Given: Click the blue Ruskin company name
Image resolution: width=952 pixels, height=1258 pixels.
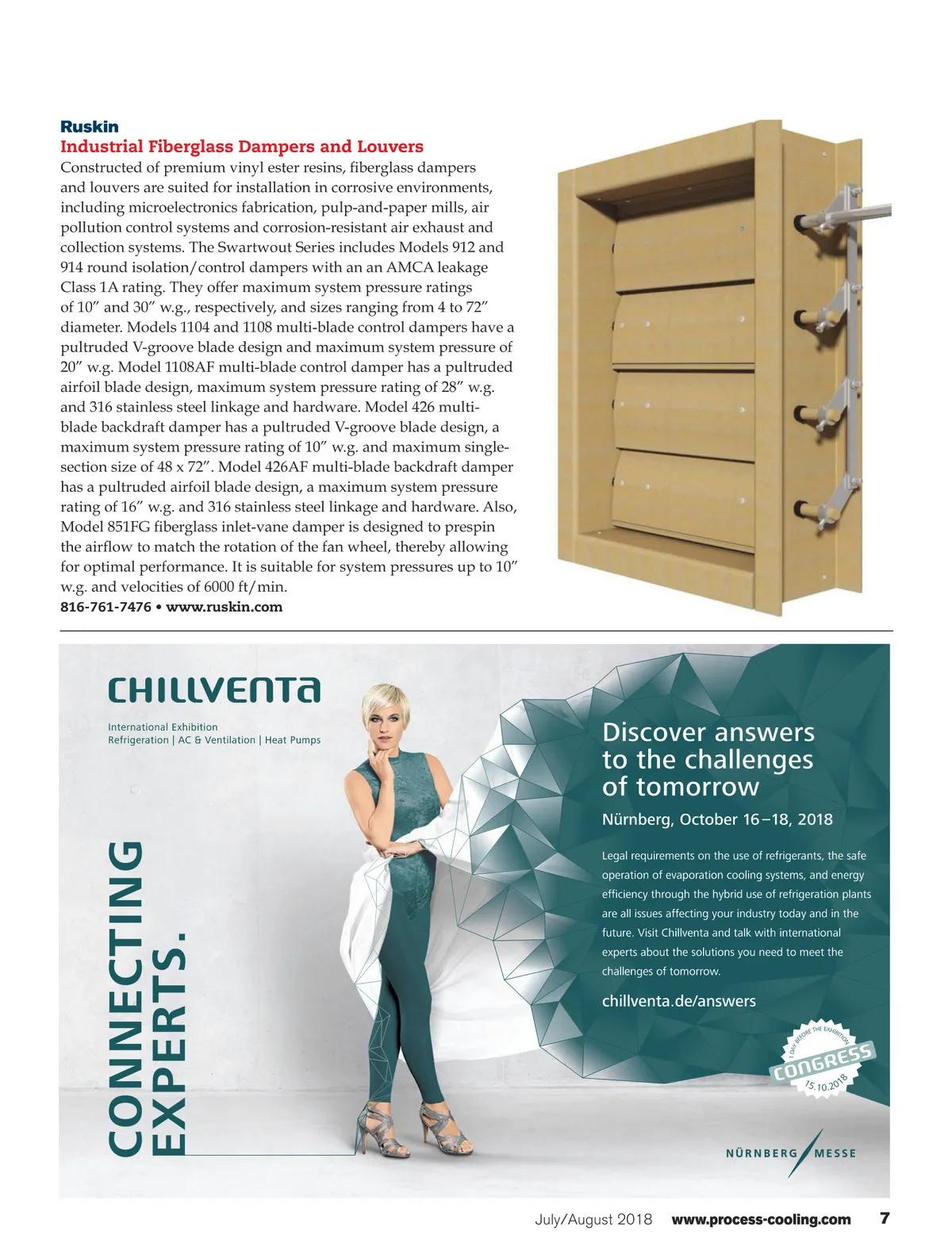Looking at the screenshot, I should click(90, 127).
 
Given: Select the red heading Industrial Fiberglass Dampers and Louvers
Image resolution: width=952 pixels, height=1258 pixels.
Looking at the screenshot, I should click(242, 147).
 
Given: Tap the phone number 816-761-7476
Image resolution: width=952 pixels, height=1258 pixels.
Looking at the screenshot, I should click(106, 607).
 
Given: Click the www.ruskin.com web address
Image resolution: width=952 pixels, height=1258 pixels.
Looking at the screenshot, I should click(224, 607).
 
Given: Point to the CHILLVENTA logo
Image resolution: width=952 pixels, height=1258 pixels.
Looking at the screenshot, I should click(214, 690).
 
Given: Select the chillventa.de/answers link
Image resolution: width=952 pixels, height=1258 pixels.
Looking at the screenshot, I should click(679, 1001).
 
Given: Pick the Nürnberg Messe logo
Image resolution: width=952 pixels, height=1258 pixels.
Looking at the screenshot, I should click(791, 1152).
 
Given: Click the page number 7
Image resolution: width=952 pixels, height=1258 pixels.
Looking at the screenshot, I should click(885, 1218).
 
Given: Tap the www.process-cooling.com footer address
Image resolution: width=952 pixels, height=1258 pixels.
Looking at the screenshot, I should click(761, 1220).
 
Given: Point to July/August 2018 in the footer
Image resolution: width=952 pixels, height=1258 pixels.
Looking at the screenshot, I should click(593, 1220).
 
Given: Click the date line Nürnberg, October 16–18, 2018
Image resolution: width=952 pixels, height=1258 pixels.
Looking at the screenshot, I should click(717, 819).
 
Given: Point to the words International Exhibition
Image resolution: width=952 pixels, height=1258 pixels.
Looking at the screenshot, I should click(163, 727).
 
